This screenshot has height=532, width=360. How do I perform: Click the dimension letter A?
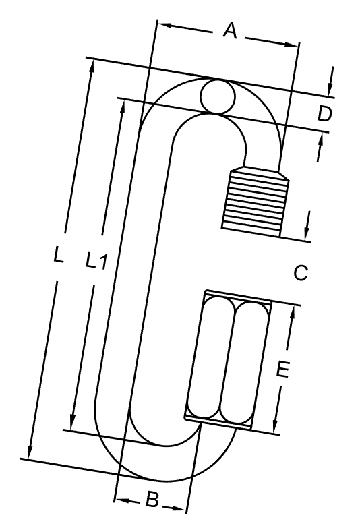click(x=231, y=31)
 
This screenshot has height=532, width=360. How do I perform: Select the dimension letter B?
click(x=152, y=500)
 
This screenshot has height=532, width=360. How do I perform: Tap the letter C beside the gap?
click(x=301, y=272)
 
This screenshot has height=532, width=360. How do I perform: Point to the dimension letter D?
click(x=325, y=114)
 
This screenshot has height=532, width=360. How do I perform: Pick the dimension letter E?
click(x=283, y=370)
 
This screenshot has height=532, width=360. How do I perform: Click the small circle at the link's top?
click(x=217, y=96)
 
